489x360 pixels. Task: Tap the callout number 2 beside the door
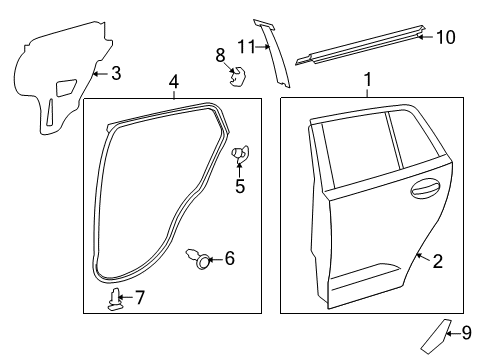[x=437, y=261]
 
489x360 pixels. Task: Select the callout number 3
[x=116, y=73]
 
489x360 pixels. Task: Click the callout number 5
[x=240, y=185]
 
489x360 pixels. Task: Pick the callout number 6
[x=229, y=259]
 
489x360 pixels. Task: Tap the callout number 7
[x=140, y=297]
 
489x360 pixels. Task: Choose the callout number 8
[x=221, y=54]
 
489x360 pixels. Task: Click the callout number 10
[x=446, y=38]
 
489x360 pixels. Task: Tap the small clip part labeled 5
[x=240, y=153]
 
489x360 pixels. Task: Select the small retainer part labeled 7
[x=116, y=298]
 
